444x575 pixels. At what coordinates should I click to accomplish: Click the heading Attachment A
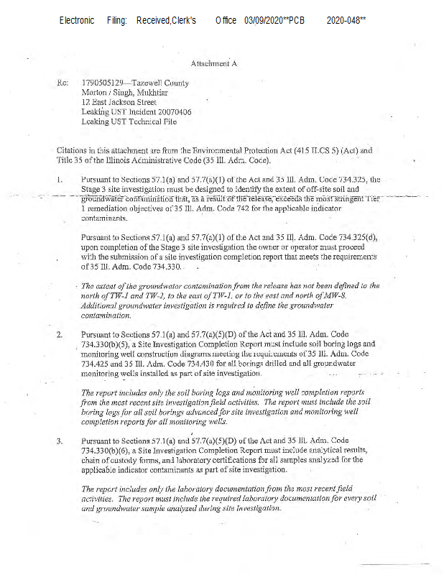213,64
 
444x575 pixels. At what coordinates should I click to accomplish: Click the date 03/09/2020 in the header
264,21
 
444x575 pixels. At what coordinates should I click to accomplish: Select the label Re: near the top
62,83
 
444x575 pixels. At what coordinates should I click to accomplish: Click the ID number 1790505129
103,83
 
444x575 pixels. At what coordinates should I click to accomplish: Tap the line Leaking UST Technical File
129,122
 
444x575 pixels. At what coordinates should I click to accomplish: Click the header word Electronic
77,21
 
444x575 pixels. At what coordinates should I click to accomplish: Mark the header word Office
226,21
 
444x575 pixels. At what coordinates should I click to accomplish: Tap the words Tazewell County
166,83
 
